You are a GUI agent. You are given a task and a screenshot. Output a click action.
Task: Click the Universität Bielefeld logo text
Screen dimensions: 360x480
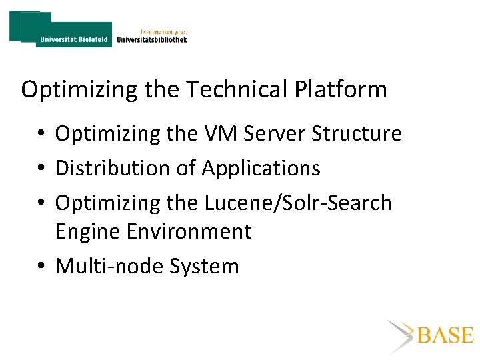(74, 39)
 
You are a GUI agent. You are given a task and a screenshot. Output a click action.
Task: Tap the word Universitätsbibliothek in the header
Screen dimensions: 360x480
(151, 40)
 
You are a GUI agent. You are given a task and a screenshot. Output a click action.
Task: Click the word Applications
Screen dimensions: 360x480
(261, 169)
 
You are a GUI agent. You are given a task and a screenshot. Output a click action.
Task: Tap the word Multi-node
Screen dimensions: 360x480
(109, 267)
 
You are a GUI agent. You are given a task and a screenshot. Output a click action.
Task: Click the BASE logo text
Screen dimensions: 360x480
(445, 335)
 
